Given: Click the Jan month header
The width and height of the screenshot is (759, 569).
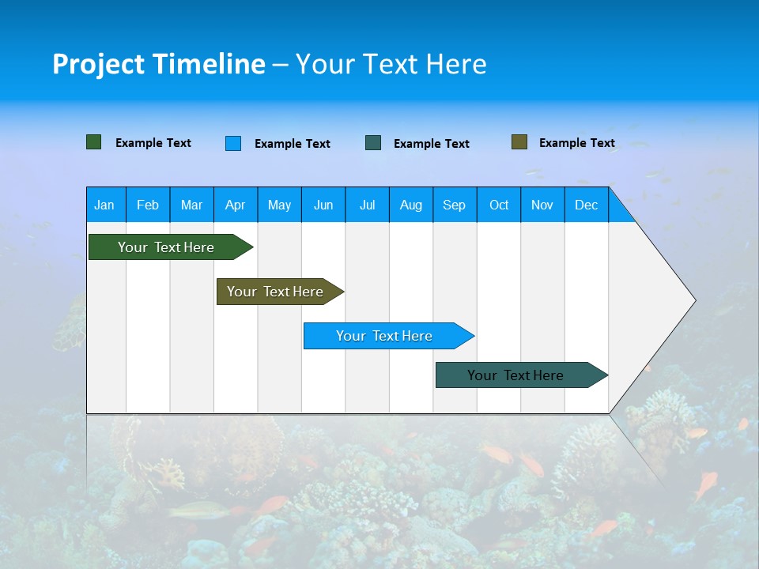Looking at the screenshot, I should click(x=105, y=205).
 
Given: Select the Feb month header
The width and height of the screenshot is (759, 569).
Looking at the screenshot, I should click(x=148, y=205).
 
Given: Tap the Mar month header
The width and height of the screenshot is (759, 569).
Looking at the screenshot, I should click(x=191, y=205).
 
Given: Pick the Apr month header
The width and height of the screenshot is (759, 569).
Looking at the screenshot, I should click(x=236, y=205).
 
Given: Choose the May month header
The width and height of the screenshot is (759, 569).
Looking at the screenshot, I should click(x=279, y=205).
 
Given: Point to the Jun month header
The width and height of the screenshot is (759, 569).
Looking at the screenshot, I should click(x=323, y=205).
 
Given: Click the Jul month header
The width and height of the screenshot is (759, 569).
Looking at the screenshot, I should click(x=367, y=205).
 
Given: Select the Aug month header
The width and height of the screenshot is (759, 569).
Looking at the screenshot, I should click(x=411, y=205).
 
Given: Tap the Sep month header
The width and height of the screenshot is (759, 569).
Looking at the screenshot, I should click(x=455, y=205).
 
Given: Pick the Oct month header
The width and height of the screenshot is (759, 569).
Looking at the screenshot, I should click(x=499, y=205).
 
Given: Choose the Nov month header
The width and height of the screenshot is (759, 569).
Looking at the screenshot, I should click(x=542, y=205).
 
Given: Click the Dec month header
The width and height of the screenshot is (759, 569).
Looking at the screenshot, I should click(x=587, y=205).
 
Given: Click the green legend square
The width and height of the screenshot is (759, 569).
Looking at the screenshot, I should click(x=94, y=142).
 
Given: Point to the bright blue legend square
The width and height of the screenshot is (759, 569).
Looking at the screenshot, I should click(x=233, y=143).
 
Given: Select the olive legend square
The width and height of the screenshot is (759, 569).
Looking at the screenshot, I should click(x=519, y=142).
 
